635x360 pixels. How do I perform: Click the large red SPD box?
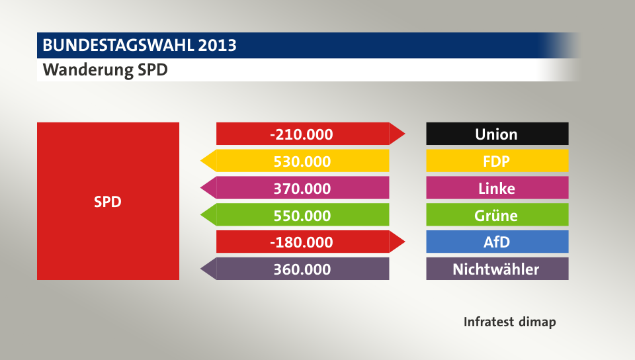point(108,201)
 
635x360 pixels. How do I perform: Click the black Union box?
point(497,134)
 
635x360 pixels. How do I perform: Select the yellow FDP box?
point(497,161)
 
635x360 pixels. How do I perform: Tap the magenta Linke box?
point(497,188)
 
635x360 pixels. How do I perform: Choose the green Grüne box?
point(497,215)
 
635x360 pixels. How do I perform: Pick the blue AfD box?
point(497,242)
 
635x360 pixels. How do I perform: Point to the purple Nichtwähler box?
point(497,269)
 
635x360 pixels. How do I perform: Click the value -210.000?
point(301,134)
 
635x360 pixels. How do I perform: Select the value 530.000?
point(301,161)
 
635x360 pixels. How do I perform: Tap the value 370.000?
point(301,188)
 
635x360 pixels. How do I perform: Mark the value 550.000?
point(301,215)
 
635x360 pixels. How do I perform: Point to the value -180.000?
point(301,242)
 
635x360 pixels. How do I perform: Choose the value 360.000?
point(301,269)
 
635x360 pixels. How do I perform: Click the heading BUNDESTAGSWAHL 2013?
point(140,46)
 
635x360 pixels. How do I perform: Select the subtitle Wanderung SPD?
point(105,70)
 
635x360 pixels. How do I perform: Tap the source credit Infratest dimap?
point(509,322)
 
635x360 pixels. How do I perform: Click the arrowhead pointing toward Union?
point(397,134)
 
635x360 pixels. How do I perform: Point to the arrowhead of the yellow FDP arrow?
point(208,161)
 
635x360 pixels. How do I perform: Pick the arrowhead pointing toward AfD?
point(397,242)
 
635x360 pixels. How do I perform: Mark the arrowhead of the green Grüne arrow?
point(208,215)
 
